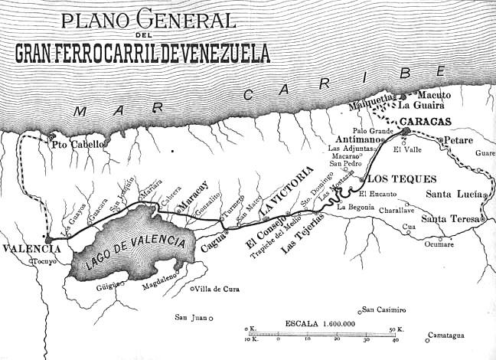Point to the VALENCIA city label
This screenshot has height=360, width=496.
click(x=31, y=250)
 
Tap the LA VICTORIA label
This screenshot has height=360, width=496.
click(x=286, y=189)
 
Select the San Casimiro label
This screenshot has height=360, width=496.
click(x=384, y=309)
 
